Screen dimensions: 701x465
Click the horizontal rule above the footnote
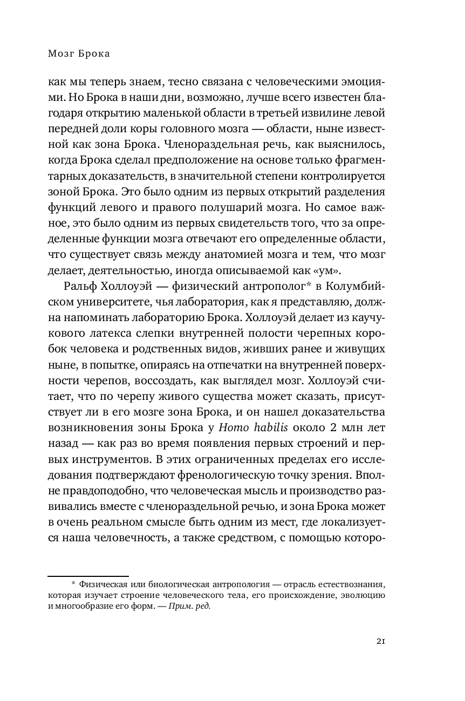(88, 576)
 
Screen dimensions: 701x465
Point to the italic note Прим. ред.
(189, 606)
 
